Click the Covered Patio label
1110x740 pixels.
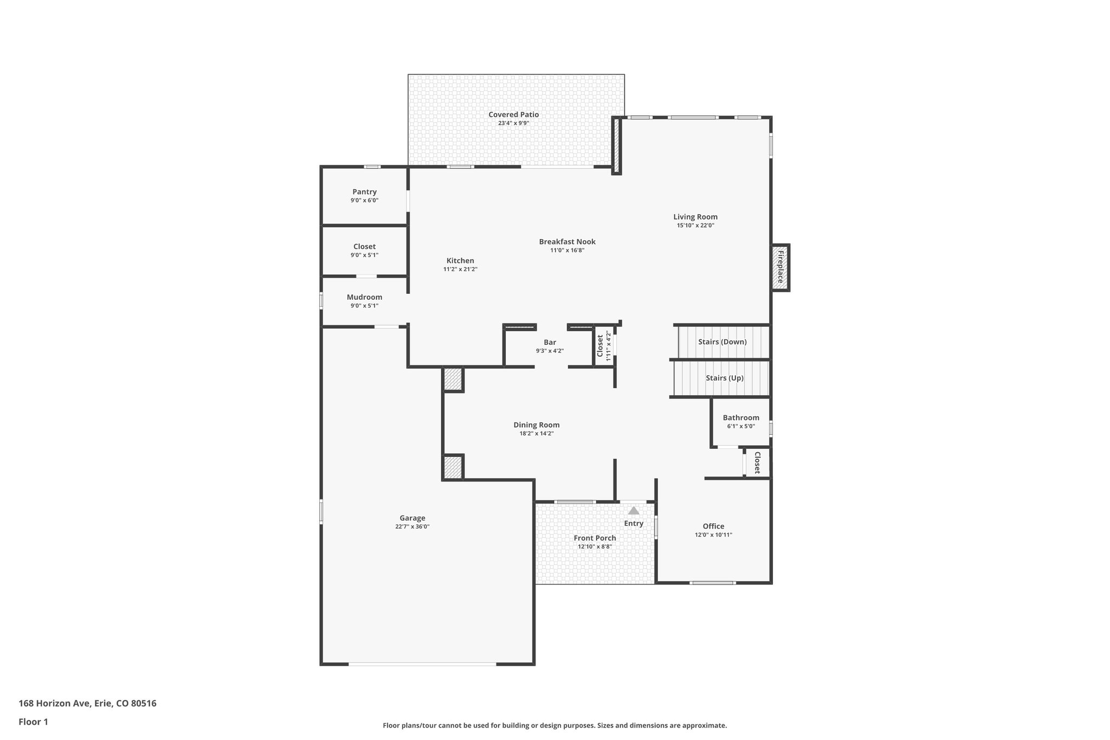pos(513,114)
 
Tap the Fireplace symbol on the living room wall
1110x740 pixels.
pos(780,267)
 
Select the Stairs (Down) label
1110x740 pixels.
pos(722,342)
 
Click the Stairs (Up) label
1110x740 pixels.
pos(724,378)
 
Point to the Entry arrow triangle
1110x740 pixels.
pos(634,511)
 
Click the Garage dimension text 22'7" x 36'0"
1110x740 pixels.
pos(412,526)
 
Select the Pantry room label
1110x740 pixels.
pos(364,192)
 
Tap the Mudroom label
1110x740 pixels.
pos(364,297)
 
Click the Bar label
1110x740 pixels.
pos(550,342)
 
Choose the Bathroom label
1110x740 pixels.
pos(740,417)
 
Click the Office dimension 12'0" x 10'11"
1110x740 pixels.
pos(713,535)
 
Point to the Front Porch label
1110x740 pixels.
pos(595,538)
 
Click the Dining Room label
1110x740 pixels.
pos(536,425)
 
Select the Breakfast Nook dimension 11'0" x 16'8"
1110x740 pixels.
pos(567,250)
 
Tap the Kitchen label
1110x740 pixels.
pos(460,261)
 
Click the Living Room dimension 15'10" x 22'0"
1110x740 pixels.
pos(695,226)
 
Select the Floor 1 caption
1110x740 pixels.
pos(33,722)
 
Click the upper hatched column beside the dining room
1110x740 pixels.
pos(453,379)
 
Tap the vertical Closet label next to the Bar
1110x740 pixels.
pos(600,345)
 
